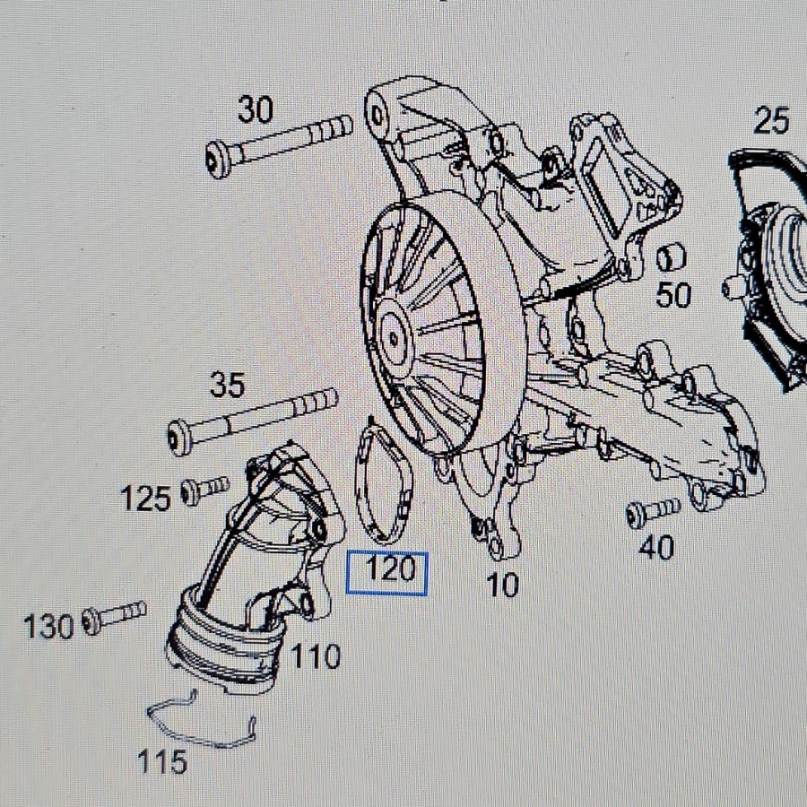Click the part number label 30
click(256, 109)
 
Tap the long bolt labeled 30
click(279, 146)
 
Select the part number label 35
click(227, 385)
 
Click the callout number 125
click(145, 499)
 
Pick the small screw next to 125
click(204, 490)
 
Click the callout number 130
click(49, 627)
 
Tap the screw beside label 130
click(114, 617)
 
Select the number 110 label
click(316, 656)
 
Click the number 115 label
click(162, 761)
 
